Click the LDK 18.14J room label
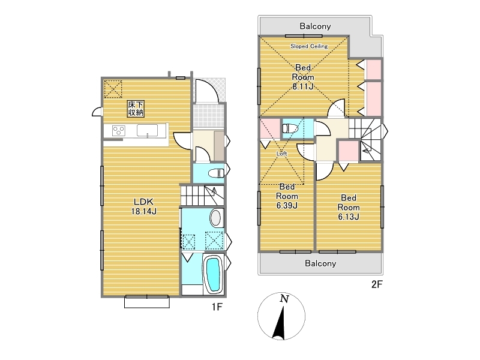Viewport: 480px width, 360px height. tap(144, 206)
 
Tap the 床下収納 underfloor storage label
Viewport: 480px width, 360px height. tap(136, 109)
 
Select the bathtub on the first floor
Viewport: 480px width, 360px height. tap(213, 275)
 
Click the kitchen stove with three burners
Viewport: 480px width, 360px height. tap(119, 130)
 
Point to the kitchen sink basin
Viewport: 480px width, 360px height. tap(147, 130)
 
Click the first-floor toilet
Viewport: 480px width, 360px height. tap(217, 173)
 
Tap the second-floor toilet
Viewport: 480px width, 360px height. tap(289, 128)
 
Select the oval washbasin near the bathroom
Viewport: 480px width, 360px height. tap(215, 218)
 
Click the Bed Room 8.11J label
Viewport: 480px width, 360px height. tap(303, 77)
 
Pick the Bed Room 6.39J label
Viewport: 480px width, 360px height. tap(287, 196)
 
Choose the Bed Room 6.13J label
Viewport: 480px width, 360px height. tap(349, 207)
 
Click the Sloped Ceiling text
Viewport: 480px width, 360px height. tap(309, 46)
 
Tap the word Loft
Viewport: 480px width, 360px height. tap(281, 154)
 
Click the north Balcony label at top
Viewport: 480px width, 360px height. tap(315, 26)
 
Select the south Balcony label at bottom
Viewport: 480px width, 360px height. tap(320, 263)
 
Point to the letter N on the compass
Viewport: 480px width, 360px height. tap(284, 299)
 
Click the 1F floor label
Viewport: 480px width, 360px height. tap(217, 307)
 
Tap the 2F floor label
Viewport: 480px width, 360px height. tap(377, 284)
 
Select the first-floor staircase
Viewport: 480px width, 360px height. tap(202, 196)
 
